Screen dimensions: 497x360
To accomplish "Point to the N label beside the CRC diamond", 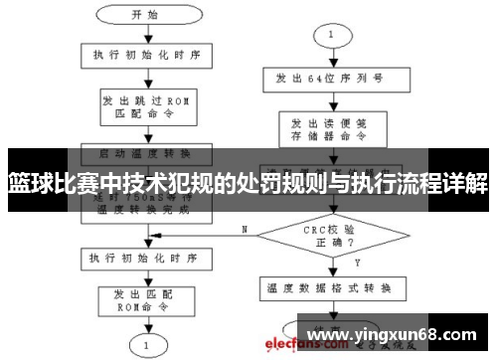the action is point(244,229).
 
